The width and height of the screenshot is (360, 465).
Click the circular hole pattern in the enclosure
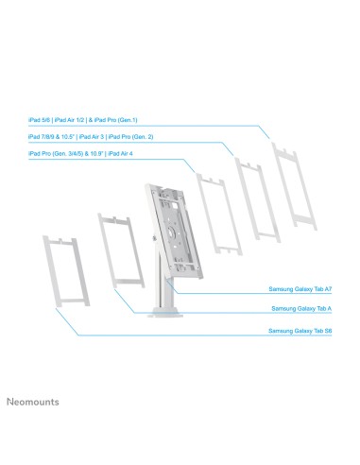pyautogui.click(x=169, y=227)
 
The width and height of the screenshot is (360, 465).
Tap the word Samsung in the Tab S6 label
pyautogui.click(x=282, y=331)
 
